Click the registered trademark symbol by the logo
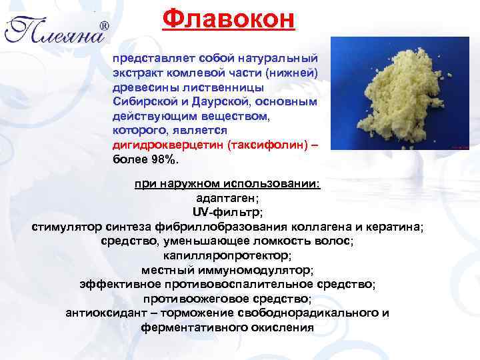point(105,26)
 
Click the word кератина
point(393,227)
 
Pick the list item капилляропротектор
point(227,255)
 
